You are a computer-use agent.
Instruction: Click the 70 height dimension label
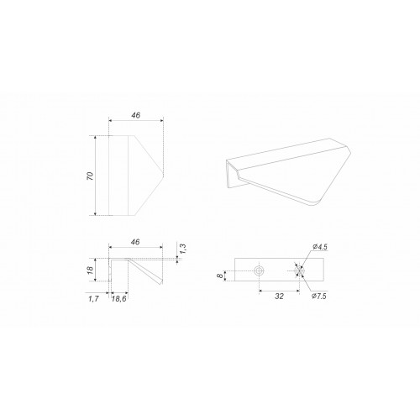pyautogui.click(x=91, y=176)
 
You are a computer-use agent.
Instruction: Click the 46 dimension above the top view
pyautogui.click(x=136, y=115)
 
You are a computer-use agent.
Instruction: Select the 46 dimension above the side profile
pyautogui.click(x=135, y=242)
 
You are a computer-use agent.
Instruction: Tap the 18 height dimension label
pyautogui.click(x=91, y=270)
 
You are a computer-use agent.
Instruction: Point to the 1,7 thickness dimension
pyautogui.click(x=93, y=299)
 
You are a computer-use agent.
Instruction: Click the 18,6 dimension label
pyautogui.click(x=119, y=299)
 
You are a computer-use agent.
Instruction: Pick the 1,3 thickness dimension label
pyautogui.click(x=183, y=249)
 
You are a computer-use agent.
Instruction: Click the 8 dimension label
pyautogui.click(x=221, y=276)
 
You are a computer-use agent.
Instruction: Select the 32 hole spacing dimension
pyautogui.click(x=279, y=296)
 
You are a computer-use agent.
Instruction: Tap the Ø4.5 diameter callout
pyautogui.click(x=320, y=247)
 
